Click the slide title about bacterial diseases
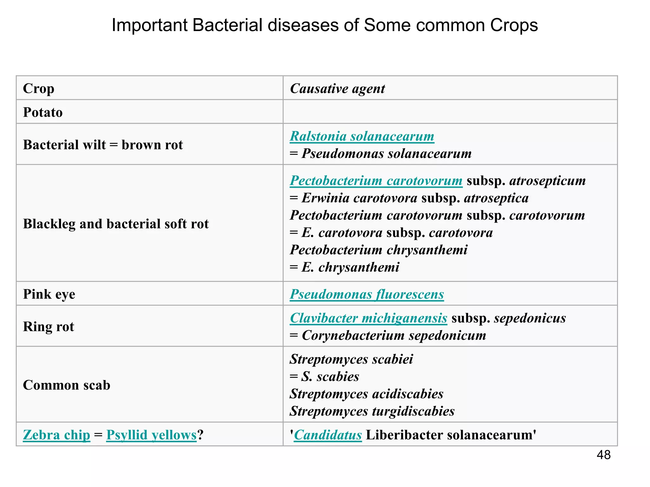tap(325, 25)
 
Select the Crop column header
tap(39, 88)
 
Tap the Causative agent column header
tap(337, 88)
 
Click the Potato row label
tap(43, 112)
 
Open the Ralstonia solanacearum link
tap(362, 136)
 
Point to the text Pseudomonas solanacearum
tap(386, 153)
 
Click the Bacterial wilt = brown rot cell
tap(103, 145)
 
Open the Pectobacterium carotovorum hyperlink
tap(376, 181)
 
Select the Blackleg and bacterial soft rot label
tap(116, 224)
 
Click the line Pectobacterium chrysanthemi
tap(379, 250)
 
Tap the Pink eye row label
tap(49, 294)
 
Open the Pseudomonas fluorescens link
tap(367, 294)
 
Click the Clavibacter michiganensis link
tap(368, 318)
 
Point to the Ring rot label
tap(49, 327)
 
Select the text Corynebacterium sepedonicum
tap(394, 335)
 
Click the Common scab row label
tap(67, 385)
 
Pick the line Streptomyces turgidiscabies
tap(372, 411)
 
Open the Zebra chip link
tap(56, 435)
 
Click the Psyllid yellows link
tap(151, 435)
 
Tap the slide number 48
tap(603, 455)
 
